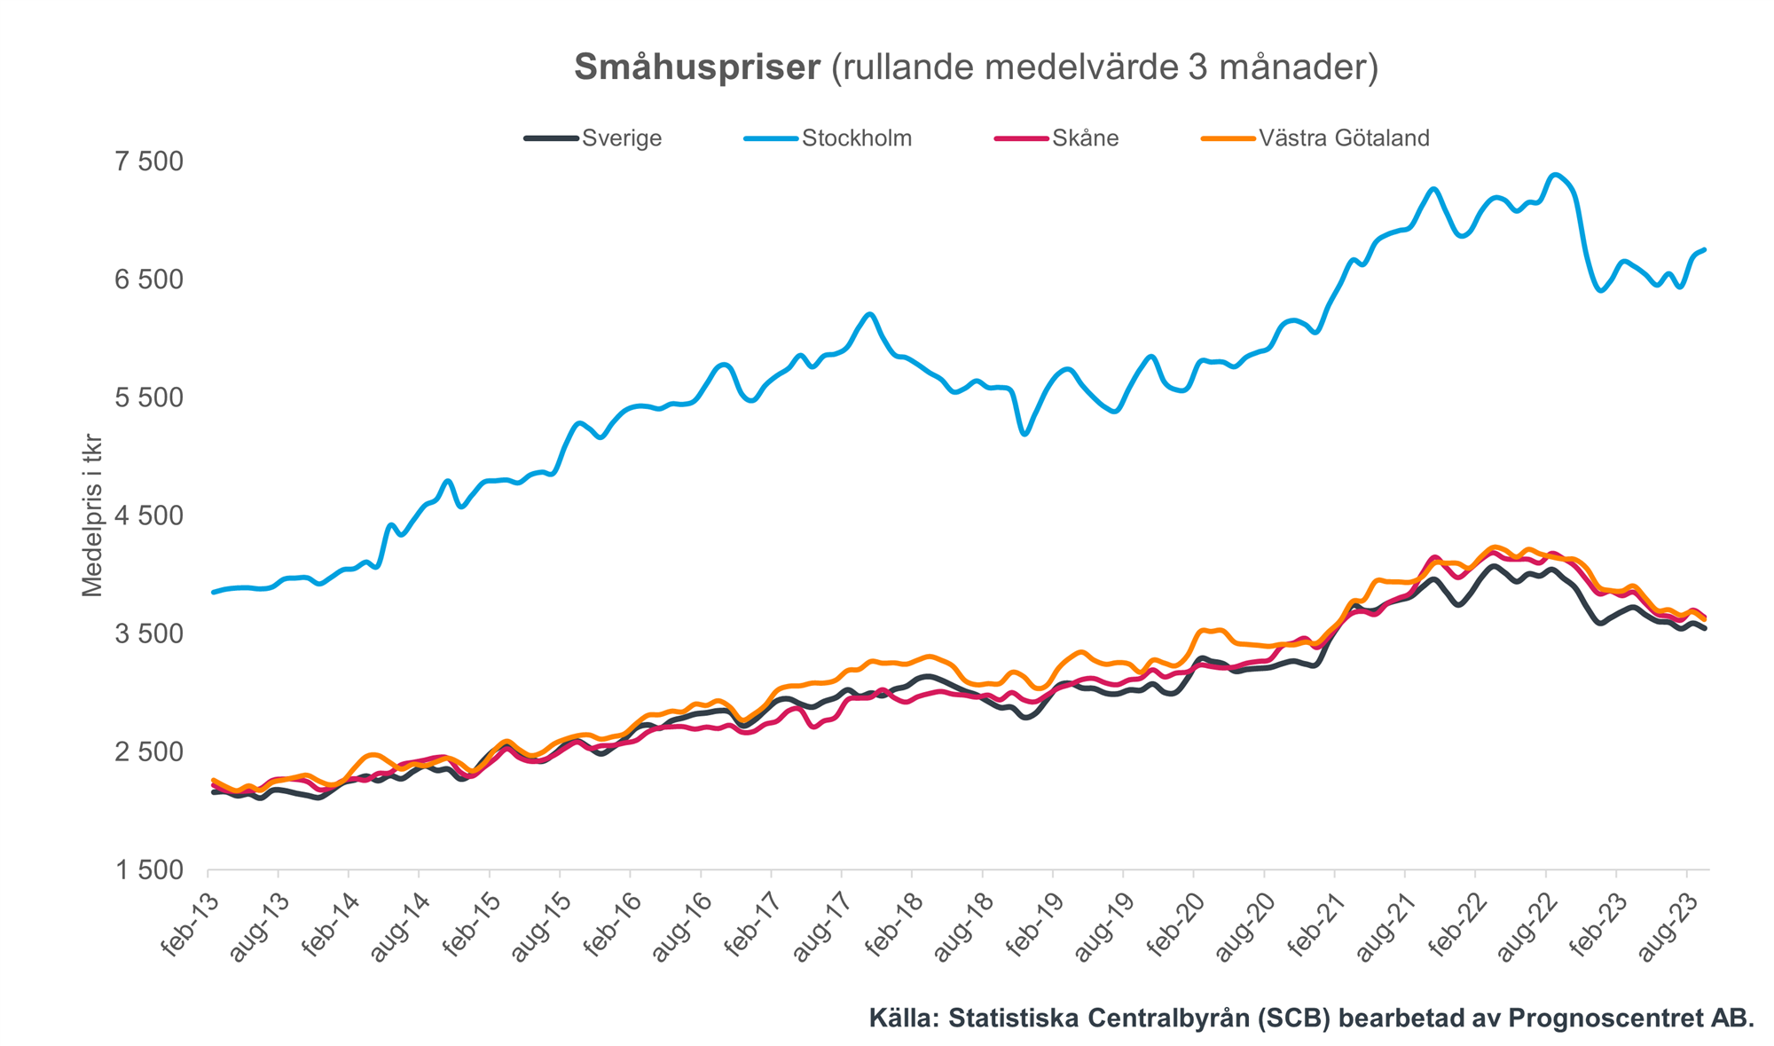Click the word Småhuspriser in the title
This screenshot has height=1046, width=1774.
pyautogui.click(x=697, y=68)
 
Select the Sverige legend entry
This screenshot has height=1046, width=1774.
pyautogui.click(x=622, y=138)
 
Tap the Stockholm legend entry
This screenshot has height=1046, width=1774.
pyautogui.click(x=856, y=138)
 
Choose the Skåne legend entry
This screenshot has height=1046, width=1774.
pyautogui.click(x=1085, y=138)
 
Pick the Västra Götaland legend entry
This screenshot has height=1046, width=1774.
pyautogui.click(x=1344, y=138)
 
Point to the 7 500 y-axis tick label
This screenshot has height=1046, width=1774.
pyautogui.click(x=149, y=161)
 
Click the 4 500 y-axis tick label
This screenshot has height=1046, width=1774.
pyautogui.click(x=149, y=515)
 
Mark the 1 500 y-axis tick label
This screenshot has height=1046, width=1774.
pyautogui.click(x=149, y=870)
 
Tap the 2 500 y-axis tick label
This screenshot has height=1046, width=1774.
pyautogui.click(x=149, y=752)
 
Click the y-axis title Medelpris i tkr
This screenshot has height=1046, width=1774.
pyautogui.click(x=92, y=515)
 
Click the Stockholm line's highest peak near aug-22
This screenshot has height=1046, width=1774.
pyautogui.click(x=1554, y=175)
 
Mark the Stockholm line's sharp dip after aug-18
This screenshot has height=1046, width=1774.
pyautogui.click(x=1025, y=433)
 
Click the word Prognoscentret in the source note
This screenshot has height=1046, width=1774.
pyautogui.click(x=1573, y=1018)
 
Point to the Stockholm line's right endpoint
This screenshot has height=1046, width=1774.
pyautogui.click(x=1705, y=249)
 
